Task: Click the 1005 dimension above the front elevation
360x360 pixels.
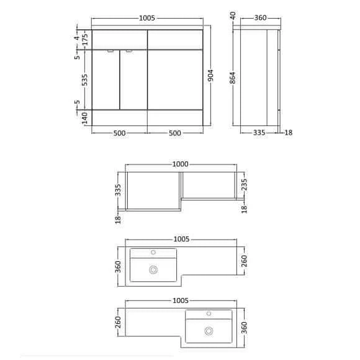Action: click(x=146, y=19)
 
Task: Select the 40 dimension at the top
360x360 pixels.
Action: click(x=233, y=15)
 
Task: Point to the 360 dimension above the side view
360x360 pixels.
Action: click(x=261, y=18)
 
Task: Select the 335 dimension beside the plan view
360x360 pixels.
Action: click(x=117, y=189)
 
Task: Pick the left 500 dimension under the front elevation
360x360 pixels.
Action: click(x=120, y=133)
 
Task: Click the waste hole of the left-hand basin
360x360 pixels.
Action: click(x=153, y=269)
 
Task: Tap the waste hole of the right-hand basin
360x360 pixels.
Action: click(x=209, y=330)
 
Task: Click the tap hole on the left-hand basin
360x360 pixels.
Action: click(x=153, y=252)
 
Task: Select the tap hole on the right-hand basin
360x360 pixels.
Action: click(x=209, y=313)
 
